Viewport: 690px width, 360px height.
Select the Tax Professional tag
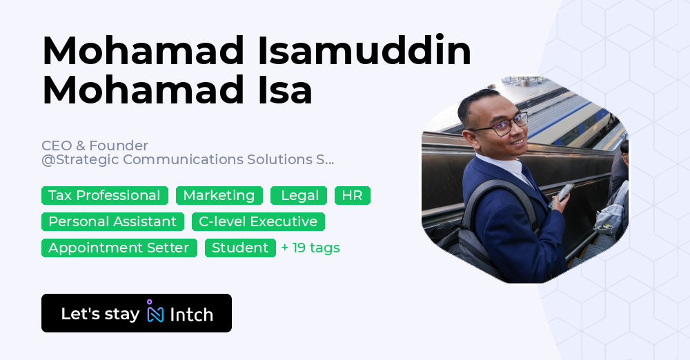pyautogui.click(x=104, y=196)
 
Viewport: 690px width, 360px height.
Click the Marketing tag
pyautogui.click(x=219, y=196)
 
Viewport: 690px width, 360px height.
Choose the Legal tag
pyautogui.click(x=299, y=196)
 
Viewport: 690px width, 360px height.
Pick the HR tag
pyautogui.click(x=352, y=196)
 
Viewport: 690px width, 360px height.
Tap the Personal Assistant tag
pyautogui.click(x=112, y=221)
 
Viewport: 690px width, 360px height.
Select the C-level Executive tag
pyautogui.click(x=258, y=221)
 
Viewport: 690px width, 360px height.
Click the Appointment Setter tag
pyautogui.click(x=119, y=248)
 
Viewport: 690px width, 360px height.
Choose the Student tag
pyautogui.click(x=240, y=248)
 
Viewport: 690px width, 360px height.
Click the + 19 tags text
pyautogui.click(x=310, y=248)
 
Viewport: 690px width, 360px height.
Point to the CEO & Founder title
pyautogui.click(x=95, y=146)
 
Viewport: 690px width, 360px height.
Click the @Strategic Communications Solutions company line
pyautogui.click(x=188, y=159)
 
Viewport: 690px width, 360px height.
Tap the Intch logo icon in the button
pyautogui.click(x=155, y=313)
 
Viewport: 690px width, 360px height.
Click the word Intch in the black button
pyautogui.click(x=191, y=314)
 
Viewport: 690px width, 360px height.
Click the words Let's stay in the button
pyautogui.click(x=100, y=314)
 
